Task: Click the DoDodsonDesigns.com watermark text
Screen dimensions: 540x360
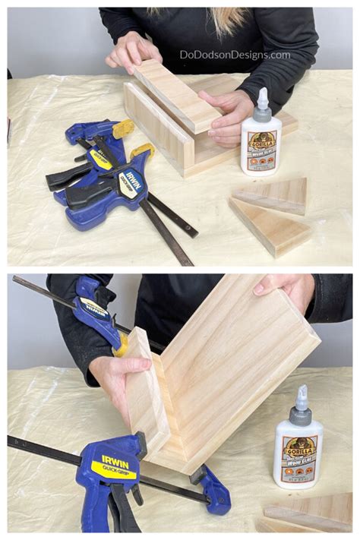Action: pyautogui.click(x=235, y=55)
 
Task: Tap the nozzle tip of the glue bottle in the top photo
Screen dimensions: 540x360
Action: pyautogui.click(x=263, y=93)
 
